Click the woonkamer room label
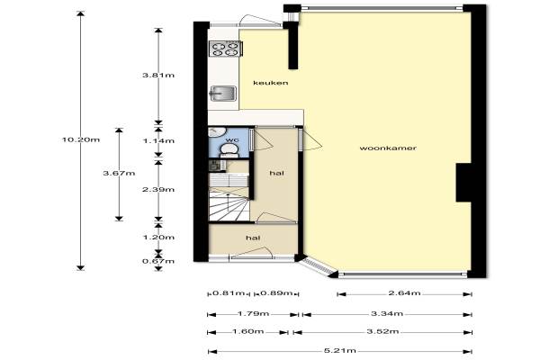pyautogui.click(x=388, y=148)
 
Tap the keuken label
pyautogui.click(x=270, y=83)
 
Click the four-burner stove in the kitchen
pyautogui.click(x=226, y=49)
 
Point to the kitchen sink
pyautogui.click(x=223, y=94)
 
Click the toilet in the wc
pyautogui.click(x=229, y=150)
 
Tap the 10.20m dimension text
pyautogui.click(x=81, y=139)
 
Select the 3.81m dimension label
pyautogui.click(x=158, y=75)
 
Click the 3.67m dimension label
pyautogui.click(x=119, y=174)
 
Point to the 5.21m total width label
pyautogui.click(x=340, y=351)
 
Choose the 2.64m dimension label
pyautogui.click(x=404, y=293)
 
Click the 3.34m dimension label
pyautogui.click(x=387, y=313)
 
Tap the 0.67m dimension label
pyautogui.click(x=158, y=261)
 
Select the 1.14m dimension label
pyautogui.click(x=158, y=140)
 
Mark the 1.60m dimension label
pyautogui.click(x=248, y=331)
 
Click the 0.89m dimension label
pyautogui.click(x=276, y=293)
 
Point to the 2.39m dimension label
pyautogui.click(x=158, y=190)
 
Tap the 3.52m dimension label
pyautogui.click(x=382, y=331)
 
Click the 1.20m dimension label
pyautogui.click(x=158, y=238)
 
